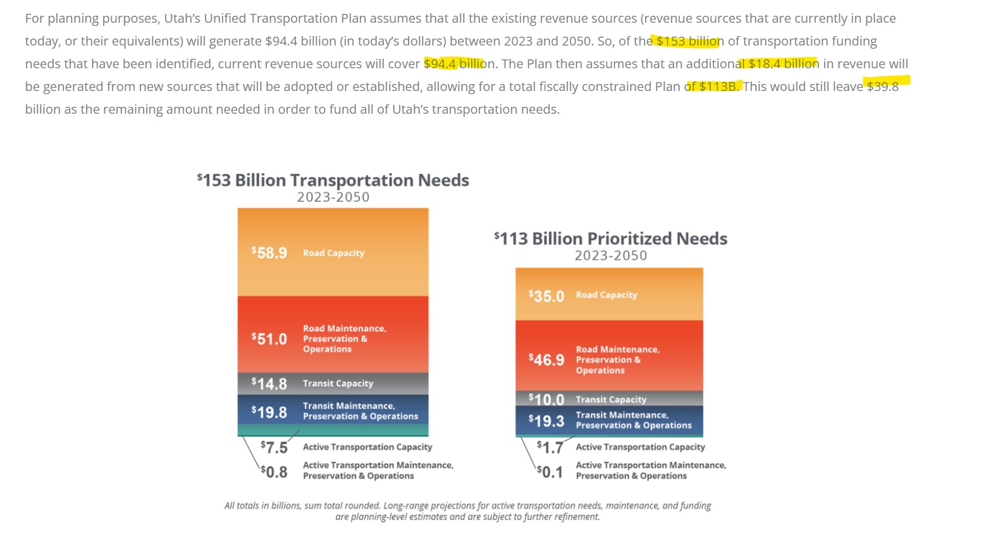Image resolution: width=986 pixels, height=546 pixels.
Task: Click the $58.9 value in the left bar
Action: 269,253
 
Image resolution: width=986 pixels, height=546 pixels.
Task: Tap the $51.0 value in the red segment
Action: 269,339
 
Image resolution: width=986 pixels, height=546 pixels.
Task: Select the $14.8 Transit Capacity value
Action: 269,384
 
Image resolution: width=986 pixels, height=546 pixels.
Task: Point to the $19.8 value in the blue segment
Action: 269,412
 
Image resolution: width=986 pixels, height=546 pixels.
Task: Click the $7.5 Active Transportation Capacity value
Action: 274,447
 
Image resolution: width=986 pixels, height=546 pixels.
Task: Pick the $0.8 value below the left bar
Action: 274,472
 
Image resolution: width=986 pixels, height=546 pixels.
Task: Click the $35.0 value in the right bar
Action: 546,296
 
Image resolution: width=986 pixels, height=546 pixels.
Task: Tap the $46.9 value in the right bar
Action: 546,360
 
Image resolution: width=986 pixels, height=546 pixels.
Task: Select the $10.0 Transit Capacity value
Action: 546,399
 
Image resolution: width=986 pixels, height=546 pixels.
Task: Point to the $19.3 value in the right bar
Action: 546,421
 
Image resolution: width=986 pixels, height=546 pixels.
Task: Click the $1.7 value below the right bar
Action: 550,447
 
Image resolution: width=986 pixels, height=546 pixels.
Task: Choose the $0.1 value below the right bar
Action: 550,472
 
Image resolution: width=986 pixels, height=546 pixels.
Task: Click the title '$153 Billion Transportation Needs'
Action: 333,180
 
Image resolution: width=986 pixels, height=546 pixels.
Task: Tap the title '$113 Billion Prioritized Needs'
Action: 610,238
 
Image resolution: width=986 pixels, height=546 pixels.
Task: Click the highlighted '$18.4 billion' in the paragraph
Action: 783,64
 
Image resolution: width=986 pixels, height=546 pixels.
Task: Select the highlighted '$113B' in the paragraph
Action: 717,86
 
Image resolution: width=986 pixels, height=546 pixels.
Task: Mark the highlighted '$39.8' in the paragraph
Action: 882,86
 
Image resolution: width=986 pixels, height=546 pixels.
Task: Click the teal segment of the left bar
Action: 333,430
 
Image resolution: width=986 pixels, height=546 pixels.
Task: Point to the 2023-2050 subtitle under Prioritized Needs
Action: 610,255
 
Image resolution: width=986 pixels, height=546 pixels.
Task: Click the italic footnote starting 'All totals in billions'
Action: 467,511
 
